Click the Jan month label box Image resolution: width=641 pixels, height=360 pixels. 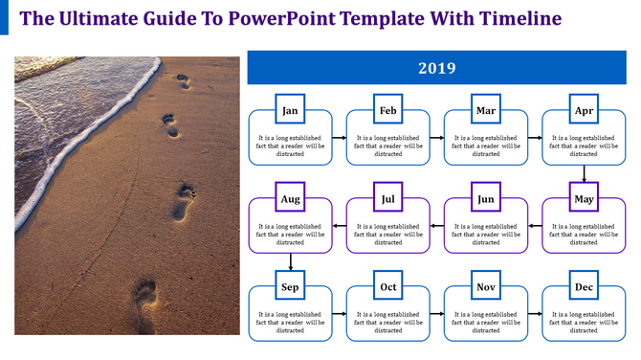[x=290, y=111]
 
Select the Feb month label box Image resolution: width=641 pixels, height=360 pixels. [x=387, y=111]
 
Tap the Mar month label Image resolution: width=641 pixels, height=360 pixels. [x=486, y=111]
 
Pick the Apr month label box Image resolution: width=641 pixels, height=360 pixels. [x=584, y=111]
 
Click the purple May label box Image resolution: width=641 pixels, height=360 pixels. [x=584, y=199]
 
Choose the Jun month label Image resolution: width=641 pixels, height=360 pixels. [x=486, y=199]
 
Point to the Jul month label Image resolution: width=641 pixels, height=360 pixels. [x=387, y=199]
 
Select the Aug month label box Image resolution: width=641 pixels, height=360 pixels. [x=290, y=199]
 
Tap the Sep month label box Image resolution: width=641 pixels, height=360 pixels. [x=290, y=287]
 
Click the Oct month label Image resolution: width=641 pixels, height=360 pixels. [x=387, y=287]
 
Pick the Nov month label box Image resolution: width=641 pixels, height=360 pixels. [x=486, y=287]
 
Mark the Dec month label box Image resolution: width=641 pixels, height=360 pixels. [x=584, y=287]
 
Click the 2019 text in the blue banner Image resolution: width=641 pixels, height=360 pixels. [x=436, y=68]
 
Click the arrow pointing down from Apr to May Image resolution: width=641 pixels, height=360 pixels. [x=584, y=174]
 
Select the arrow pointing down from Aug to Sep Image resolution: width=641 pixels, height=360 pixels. [x=290, y=262]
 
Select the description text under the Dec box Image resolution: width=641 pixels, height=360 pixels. [x=584, y=322]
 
